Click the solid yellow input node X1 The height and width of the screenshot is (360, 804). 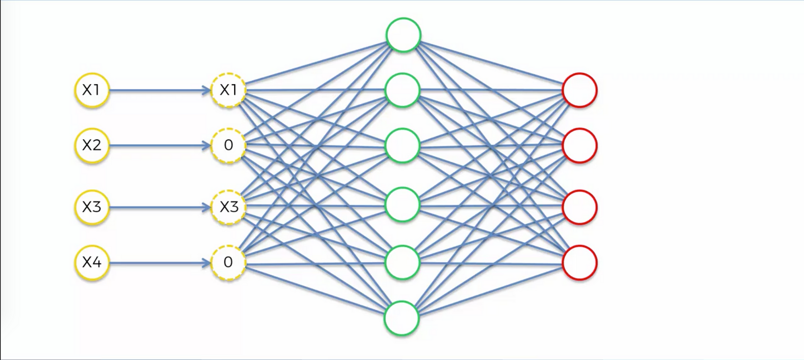click(92, 90)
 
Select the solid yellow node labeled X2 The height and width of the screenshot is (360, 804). click(92, 145)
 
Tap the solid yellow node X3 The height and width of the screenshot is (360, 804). click(92, 207)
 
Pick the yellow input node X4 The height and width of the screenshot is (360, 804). click(92, 263)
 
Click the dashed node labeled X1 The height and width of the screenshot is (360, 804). click(228, 90)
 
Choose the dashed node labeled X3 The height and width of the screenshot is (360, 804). click(228, 207)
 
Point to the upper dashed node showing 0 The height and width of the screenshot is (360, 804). click(228, 145)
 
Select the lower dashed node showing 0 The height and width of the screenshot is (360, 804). click(228, 263)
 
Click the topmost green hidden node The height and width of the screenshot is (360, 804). click(403, 35)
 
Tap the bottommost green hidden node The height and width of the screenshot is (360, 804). click(402, 318)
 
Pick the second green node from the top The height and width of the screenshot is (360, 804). click(402, 90)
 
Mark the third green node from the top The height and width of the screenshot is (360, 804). click(402, 146)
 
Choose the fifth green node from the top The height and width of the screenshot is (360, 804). click(402, 262)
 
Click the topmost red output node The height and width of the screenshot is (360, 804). click(579, 90)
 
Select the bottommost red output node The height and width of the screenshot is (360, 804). click(579, 263)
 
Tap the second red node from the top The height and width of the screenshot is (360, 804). click(579, 145)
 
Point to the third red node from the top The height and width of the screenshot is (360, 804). click(579, 207)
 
